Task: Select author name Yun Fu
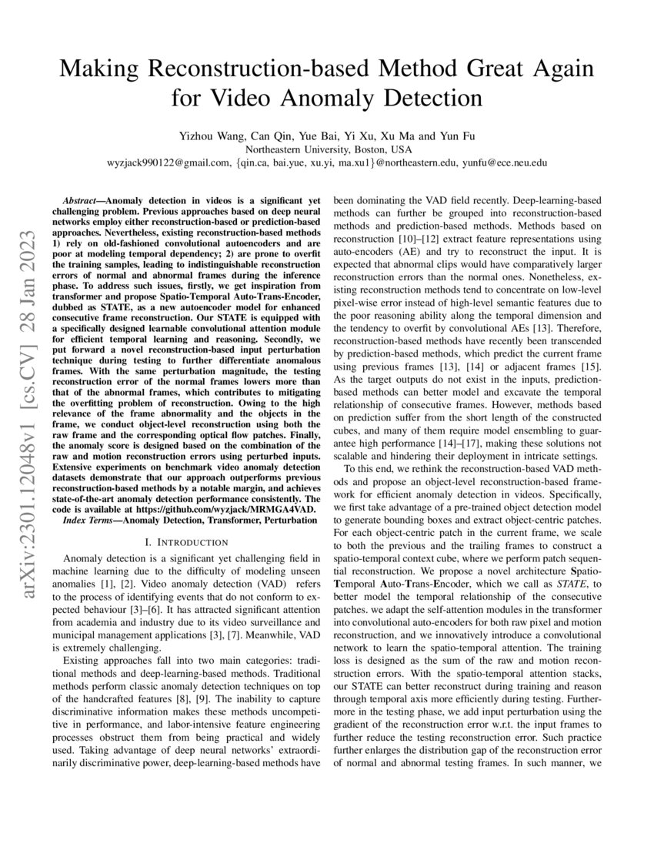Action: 459,136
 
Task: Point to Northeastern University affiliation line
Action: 328,149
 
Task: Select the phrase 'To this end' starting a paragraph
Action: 371,469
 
